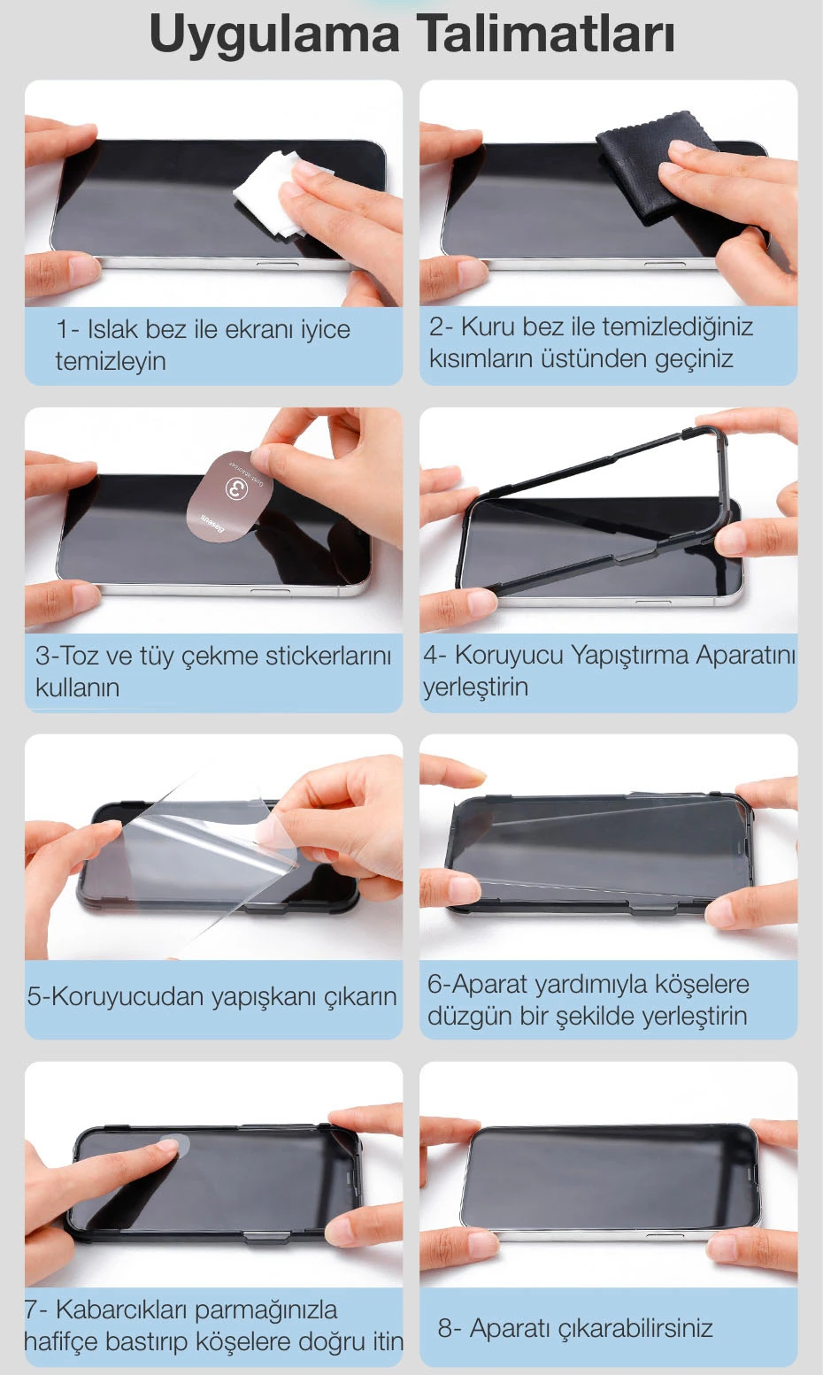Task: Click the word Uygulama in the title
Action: click(274, 36)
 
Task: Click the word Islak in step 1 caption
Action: click(112, 329)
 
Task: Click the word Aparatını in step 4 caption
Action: click(746, 655)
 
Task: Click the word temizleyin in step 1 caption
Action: click(111, 361)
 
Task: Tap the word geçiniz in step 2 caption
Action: click(694, 358)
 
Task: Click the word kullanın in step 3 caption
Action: click(77, 687)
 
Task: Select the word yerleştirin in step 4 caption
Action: click(475, 687)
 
